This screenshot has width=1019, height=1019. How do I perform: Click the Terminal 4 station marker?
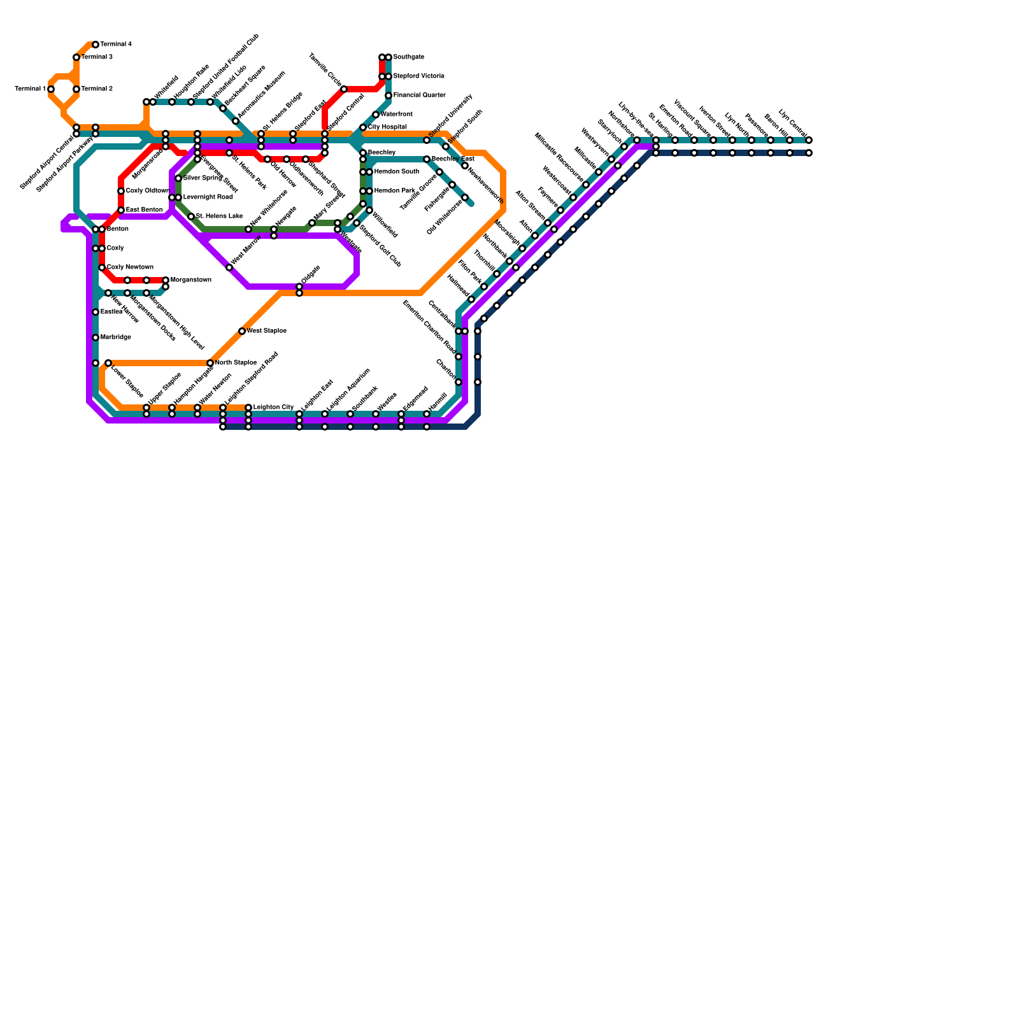[x=96, y=45]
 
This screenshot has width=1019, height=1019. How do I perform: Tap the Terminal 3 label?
[x=97, y=57]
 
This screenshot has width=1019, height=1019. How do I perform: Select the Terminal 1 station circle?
[x=51, y=89]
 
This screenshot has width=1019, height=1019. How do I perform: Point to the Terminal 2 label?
[x=97, y=89]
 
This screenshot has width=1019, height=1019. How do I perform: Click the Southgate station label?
[x=409, y=57]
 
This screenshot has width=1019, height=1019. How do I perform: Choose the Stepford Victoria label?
[x=418, y=76]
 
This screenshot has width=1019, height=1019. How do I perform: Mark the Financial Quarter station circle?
[x=388, y=96]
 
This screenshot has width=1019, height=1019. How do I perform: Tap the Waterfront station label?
[x=396, y=115]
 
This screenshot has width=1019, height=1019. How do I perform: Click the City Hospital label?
[x=387, y=127]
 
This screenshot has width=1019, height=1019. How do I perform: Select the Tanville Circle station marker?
[x=344, y=89]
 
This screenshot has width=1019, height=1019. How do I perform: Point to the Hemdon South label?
[x=396, y=172]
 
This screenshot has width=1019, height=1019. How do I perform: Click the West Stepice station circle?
[x=242, y=331]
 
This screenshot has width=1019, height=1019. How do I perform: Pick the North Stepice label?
[x=236, y=363]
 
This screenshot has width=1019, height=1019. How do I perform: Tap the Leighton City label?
[x=273, y=408]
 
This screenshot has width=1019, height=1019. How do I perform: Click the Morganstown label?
[x=190, y=280]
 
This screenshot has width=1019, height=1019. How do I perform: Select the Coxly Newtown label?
[x=130, y=267]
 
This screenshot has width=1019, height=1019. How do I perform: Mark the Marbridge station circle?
[x=96, y=338]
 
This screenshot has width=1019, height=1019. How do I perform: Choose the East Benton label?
[x=144, y=210]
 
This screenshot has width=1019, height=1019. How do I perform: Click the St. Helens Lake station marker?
[x=191, y=217]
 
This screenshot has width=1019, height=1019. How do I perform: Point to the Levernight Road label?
[x=208, y=197]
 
